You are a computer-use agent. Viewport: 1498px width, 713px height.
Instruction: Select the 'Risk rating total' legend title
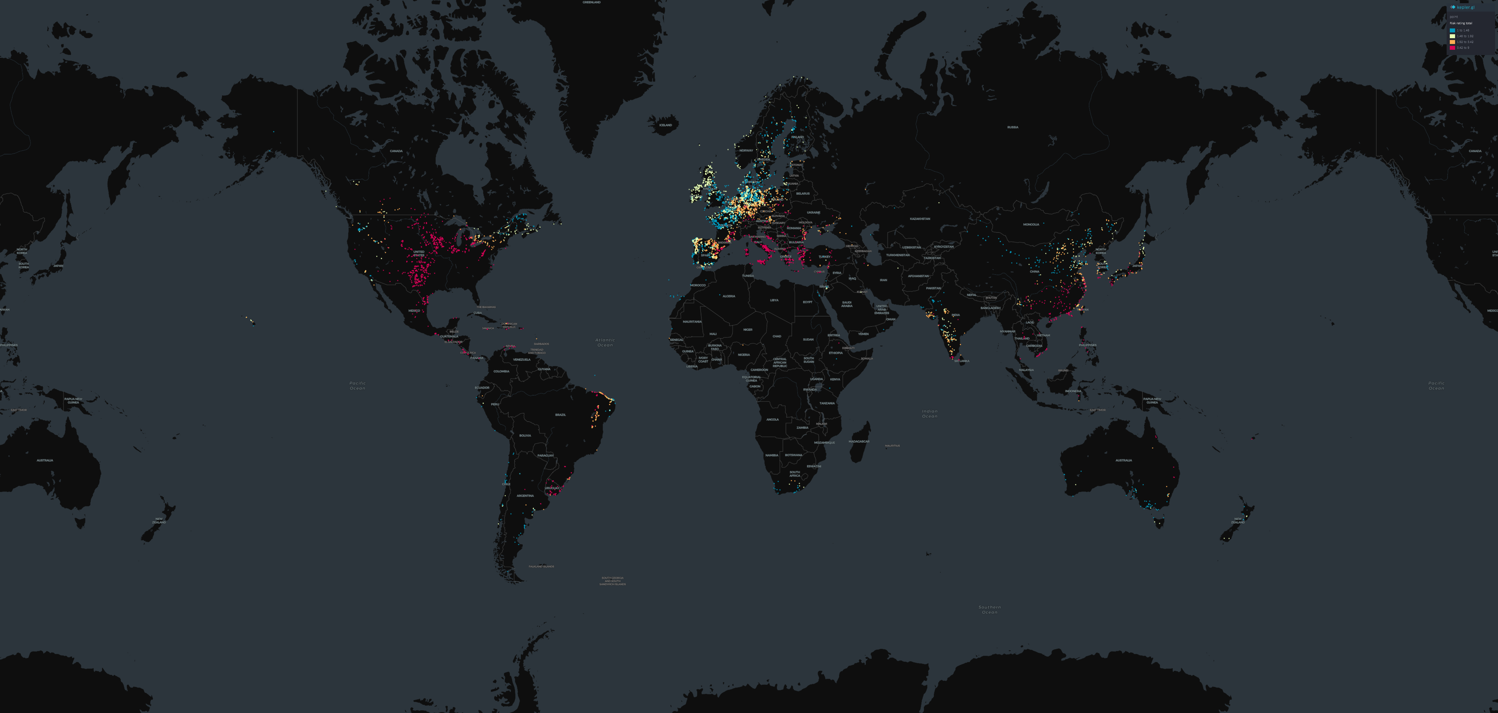click(x=1461, y=23)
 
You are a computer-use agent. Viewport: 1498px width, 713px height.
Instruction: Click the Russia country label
click(x=1013, y=127)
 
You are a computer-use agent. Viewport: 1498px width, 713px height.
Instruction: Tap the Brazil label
click(x=560, y=415)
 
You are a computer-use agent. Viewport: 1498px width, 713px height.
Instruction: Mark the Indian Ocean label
click(x=929, y=414)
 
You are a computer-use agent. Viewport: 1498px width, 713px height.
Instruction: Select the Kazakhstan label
click(x=919, y=219)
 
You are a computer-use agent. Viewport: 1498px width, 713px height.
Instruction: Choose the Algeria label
click(x=729, y=296)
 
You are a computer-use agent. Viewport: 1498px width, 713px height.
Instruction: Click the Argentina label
click(x=525, y=495)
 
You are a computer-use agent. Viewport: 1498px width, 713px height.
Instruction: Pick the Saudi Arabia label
click(x=847, y=304)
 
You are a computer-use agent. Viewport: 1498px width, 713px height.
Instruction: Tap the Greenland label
click(x=591, y=2)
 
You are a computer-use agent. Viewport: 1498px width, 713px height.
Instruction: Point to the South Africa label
click(x=794, y=473)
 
